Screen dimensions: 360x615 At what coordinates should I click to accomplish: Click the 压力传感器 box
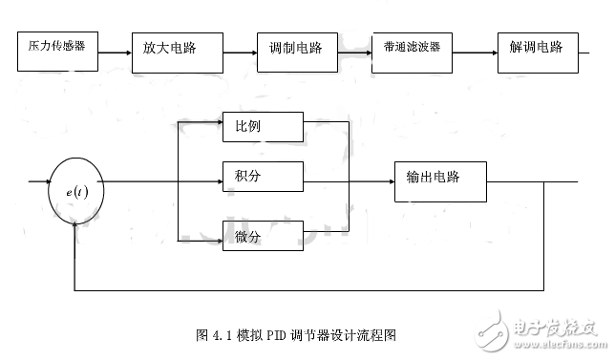(x=57, y=46)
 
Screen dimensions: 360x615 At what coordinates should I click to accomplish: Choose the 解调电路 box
(x=537, y=46)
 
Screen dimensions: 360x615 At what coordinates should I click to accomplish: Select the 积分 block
(x=263, y=176)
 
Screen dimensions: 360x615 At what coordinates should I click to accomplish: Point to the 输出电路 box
(x=439, y=180)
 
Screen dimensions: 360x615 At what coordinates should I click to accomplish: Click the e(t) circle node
(x=76, y=192)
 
